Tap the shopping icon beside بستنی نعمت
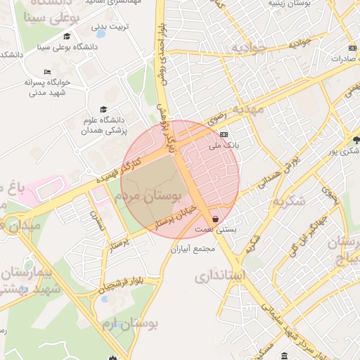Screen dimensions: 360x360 coord(214,219)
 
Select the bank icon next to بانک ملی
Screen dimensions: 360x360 coord(224,134)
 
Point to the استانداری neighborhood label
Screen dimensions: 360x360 coord(219,276)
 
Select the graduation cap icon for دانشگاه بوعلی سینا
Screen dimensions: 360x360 coord(67,37)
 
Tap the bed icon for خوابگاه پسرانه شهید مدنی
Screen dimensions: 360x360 coord(47,72)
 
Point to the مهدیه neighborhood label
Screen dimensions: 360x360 coord(249,110)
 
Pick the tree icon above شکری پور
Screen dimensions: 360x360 coord(356,140)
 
